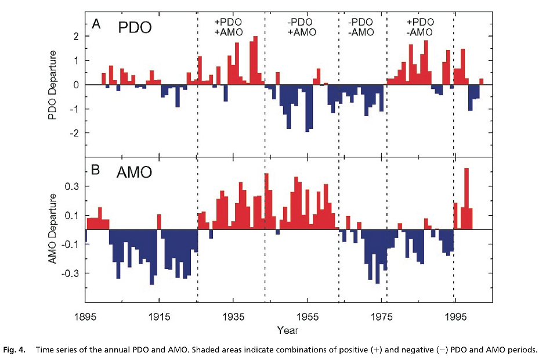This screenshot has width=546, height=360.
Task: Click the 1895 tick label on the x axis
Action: click(85, 317)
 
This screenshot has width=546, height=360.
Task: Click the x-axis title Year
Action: click(288, 330)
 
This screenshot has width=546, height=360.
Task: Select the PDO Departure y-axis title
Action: click(53, 85)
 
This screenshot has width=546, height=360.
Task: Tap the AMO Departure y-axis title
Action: click(53, 229)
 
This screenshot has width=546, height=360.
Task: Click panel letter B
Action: click(97, 171)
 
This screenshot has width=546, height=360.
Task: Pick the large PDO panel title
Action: click(135, 27)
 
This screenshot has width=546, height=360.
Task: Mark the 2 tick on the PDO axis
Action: click(75, 36)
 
